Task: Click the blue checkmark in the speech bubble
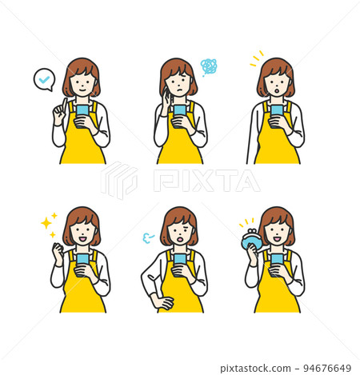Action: (44, 79)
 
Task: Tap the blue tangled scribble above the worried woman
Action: (209, 66)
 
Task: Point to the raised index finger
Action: (64, 105)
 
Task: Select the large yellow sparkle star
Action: (46, 223)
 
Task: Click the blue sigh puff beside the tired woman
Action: (148, 237)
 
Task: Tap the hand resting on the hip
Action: (162, 302)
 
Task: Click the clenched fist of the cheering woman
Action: (58, 249)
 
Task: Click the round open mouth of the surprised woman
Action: (277, 91)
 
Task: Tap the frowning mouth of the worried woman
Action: (180, 90)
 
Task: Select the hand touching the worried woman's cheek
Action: (166, 100)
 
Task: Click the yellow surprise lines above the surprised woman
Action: (257, 58)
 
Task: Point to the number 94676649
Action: (327, 369)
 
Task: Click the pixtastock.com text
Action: (255, 369)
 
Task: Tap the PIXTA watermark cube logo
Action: (119, 180)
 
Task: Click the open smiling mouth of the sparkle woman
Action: (82, 239)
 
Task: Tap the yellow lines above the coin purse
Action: (246, 222)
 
